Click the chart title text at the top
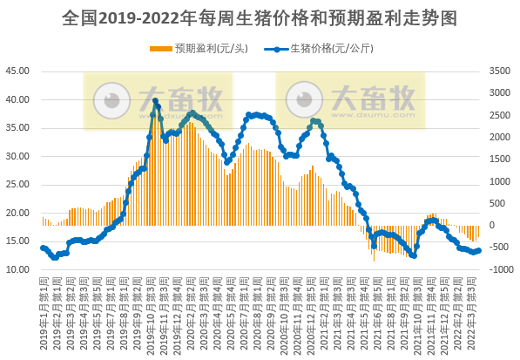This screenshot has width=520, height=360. pos(260,17)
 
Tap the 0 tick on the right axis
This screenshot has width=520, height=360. pos(493,226)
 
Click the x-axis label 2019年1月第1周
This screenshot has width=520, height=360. pos(43,314)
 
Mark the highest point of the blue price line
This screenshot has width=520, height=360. pos(156,101)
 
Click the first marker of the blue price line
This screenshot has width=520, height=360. pos(43,248)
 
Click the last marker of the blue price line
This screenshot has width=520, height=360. pos(479,250)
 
